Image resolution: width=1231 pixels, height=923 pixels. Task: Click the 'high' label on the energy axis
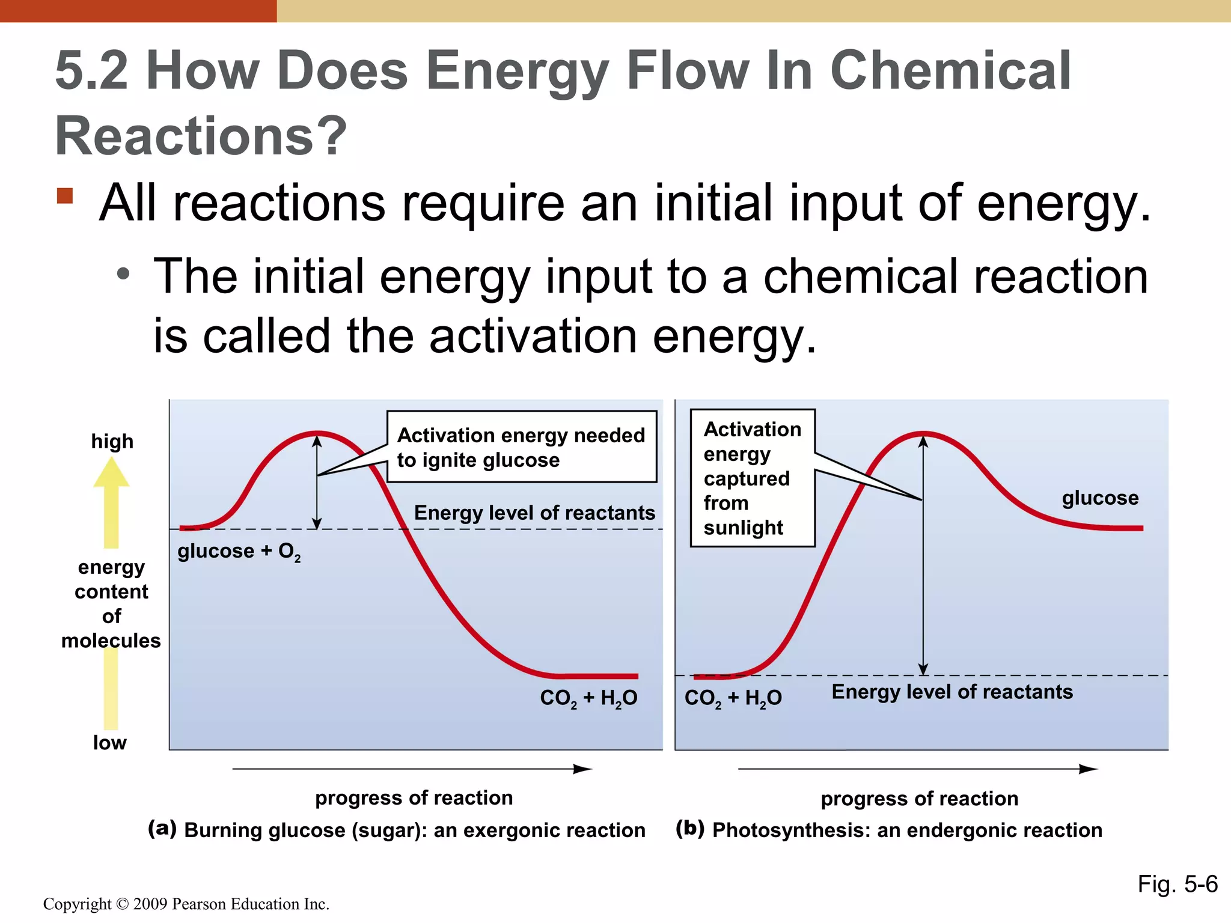(112, 442)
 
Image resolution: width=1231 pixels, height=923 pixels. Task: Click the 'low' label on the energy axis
(109, 743)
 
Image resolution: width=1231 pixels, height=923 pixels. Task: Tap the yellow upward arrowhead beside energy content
(111, 473)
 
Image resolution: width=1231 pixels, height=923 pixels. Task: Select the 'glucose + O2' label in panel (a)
(239, 552)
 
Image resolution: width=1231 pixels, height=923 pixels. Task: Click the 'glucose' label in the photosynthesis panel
(1100, 498)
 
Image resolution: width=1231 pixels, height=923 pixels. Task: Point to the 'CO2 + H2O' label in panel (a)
(588, 698)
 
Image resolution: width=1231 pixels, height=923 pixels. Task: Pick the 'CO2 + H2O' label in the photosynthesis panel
(733, 698)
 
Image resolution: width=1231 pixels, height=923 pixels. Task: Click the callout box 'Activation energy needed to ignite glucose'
(521, 447)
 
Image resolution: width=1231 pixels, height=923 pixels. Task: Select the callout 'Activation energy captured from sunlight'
(752, 478)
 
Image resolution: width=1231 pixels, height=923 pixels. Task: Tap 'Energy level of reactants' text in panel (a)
(534, 513)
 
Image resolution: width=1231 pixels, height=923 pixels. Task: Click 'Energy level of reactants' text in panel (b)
(952, 692)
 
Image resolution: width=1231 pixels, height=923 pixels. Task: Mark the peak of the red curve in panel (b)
(923, 433)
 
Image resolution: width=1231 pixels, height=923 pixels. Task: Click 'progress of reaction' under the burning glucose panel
(414, 798)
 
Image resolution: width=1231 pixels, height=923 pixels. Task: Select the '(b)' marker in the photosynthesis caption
(689, 829)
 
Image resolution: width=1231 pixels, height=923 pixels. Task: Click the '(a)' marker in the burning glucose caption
(162, 829)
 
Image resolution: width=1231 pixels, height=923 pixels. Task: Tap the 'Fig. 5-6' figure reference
(1177, 885)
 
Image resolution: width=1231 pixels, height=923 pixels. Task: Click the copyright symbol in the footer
(122, 904)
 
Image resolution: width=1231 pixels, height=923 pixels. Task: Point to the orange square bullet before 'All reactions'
(65, 196)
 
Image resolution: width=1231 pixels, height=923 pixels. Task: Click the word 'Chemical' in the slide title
(950, 71)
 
